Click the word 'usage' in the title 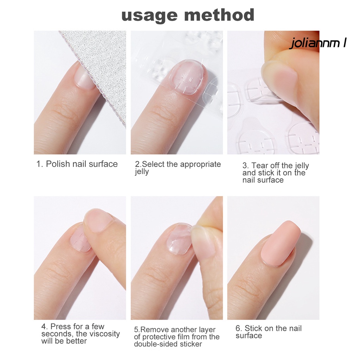(149, 15)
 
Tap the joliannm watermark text (318, 43)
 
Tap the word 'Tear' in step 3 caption (259, 166)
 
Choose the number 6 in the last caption (239, 329)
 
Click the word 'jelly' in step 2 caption (142, 172)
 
